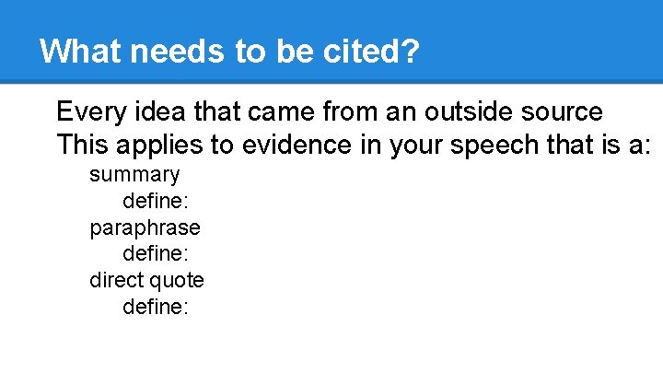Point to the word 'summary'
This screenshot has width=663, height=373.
134,174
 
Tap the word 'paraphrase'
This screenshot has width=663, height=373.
145,227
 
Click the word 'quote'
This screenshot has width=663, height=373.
177,279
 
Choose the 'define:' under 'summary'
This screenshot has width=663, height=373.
156,200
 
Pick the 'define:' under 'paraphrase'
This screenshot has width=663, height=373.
156,252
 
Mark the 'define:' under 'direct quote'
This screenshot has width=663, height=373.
156,306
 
